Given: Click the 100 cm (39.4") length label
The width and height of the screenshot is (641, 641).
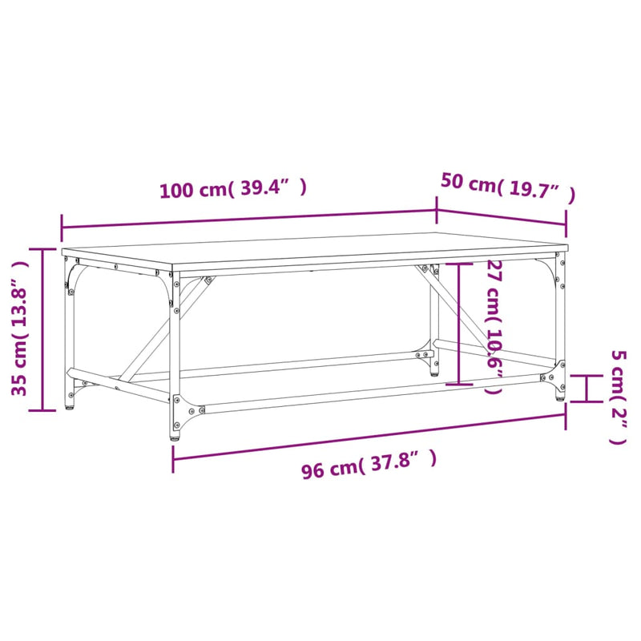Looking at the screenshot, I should [233, 190].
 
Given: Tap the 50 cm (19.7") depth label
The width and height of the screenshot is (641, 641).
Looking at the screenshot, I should [507, 187].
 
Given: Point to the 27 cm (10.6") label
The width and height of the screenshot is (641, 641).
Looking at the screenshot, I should [494, 327].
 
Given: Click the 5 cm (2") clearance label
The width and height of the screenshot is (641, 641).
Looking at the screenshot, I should [618, 397].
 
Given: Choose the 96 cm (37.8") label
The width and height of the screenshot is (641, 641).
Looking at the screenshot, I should [369, 465].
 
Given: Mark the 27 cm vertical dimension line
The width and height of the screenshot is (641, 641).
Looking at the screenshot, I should [458, 325].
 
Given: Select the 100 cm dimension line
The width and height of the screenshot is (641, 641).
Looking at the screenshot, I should [248, 218].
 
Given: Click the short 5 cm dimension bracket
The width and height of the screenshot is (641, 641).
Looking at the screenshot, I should [587, 389].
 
